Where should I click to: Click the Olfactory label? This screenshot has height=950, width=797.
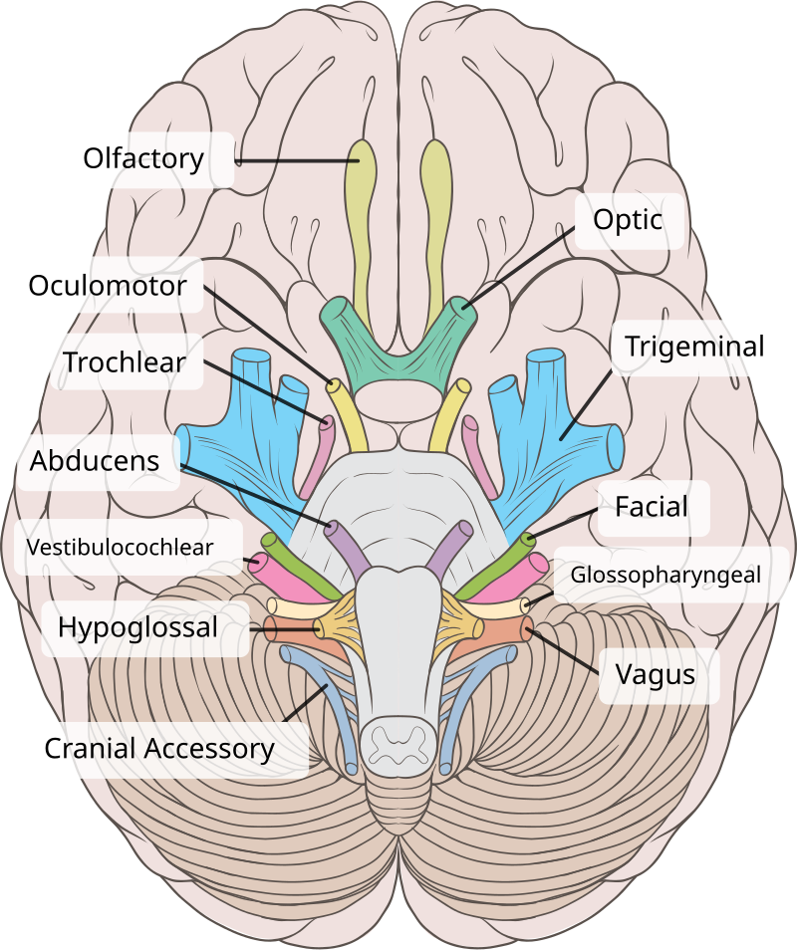(143, 158)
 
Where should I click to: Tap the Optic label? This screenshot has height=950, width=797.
(628, 219)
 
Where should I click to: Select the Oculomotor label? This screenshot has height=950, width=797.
(108, 286)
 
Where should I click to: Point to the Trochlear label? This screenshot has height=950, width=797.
(124, 361)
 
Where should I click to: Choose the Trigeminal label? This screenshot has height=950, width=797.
(694, 347)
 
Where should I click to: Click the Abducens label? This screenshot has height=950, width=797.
(95, 461)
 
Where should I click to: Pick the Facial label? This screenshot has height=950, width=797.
(652, 507)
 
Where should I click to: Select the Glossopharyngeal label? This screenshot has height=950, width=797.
(665, 575)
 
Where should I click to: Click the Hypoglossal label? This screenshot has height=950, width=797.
(137, 627)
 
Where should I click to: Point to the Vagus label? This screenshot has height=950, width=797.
(655, 674)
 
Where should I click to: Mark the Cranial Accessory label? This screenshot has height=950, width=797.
(159, 749)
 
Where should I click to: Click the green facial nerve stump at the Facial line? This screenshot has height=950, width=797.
(527, 542)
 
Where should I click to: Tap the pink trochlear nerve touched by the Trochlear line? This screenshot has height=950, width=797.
(326, 425)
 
